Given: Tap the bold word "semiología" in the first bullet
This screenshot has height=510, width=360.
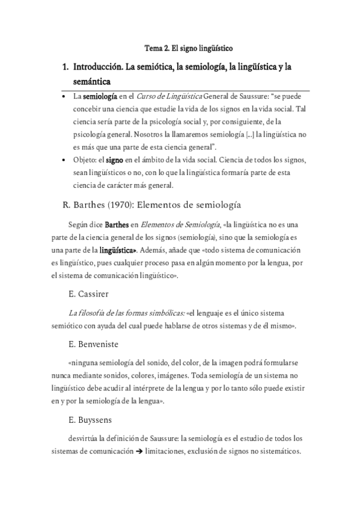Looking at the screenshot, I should point(99,96).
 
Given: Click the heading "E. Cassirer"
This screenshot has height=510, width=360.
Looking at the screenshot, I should point(88,295).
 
